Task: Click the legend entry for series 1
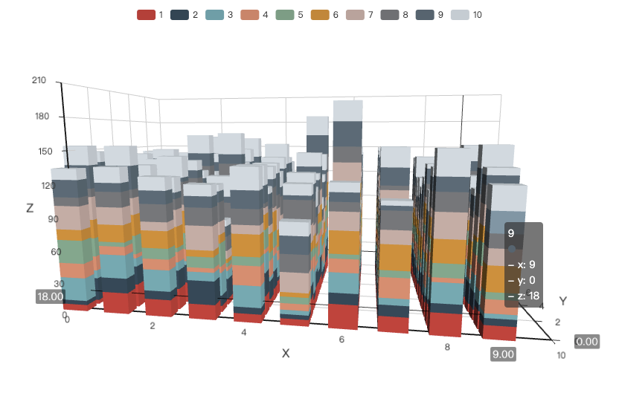click(151, 15)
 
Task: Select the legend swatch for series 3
click(214, 15)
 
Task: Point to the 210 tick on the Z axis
click(39, 80)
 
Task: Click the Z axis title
click(30, 208)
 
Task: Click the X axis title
click(286, 353)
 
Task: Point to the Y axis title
click(563, 301)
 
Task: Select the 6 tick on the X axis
click(342, 340)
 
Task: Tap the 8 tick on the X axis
click(446, 346)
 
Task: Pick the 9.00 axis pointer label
click(503, 354)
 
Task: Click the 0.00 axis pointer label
click(587, 341)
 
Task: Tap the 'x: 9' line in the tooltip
click(522, 264)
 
